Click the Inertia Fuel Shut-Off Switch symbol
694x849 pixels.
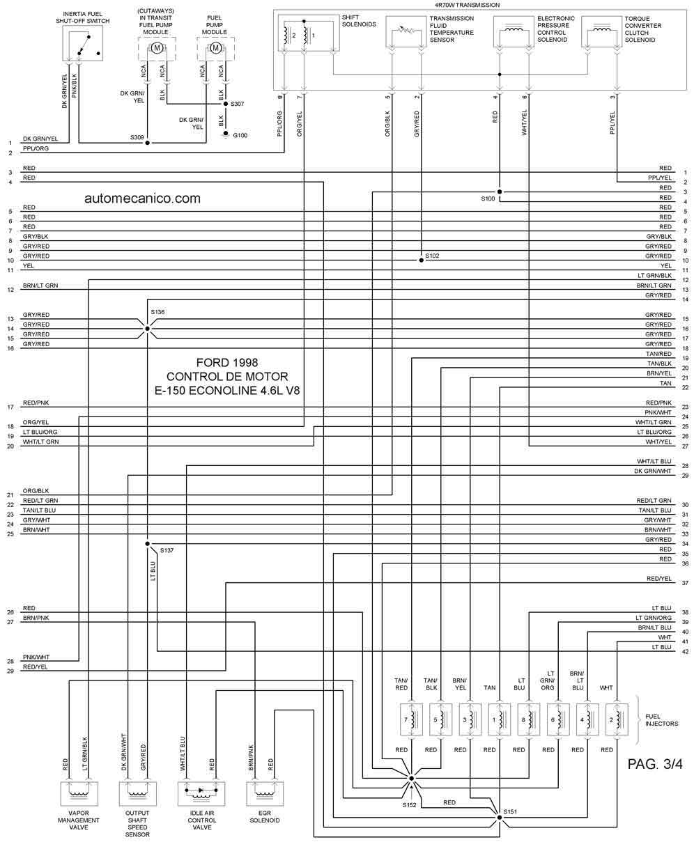tap(83, 45)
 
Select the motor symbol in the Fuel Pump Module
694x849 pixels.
tap(215, 48)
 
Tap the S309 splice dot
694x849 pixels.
tap(148, 143)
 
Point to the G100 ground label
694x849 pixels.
tap(240, 136)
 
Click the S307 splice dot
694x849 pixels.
tap(226, 104)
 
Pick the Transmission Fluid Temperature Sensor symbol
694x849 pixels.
tap(406, 32)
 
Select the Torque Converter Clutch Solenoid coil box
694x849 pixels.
tap(602, 32)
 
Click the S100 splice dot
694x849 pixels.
tap(500, 192)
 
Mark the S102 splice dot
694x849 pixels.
tap(422, 260)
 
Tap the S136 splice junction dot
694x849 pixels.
tap(148, 329)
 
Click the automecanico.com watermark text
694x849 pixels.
tap(143, 198)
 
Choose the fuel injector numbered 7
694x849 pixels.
tap(411, 719)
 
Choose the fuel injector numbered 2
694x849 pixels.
tap(617, 719)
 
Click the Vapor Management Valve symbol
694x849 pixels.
tap(79, 793)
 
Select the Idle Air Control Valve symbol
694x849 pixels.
tap(201, 793)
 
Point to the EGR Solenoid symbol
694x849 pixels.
tap(265, 793)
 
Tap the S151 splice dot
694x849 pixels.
tap(500, 818)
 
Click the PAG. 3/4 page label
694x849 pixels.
tap(655, 764)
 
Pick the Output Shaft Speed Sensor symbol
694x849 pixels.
tap(138, 793)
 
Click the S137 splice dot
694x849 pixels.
tap(148, 544)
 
